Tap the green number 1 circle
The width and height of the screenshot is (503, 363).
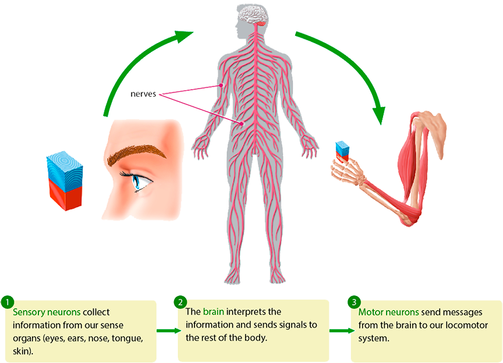6,302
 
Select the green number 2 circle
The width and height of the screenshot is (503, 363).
180,302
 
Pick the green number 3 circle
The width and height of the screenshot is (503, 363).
353,302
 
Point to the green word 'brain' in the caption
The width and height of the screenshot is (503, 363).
213,312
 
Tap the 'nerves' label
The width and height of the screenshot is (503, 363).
144,94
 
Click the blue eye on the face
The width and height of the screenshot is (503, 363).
140,181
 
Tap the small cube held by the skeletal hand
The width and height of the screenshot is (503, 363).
343,150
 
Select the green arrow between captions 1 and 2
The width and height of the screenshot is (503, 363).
168,328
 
